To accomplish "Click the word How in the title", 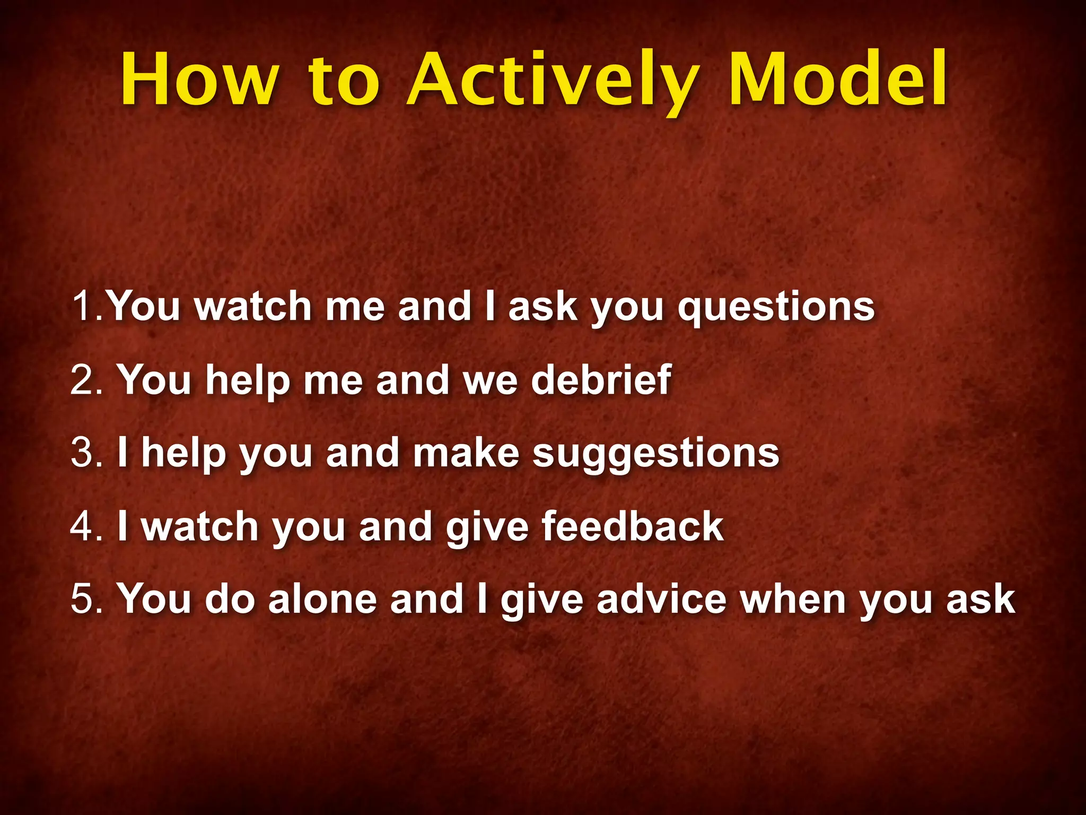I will [199, 80].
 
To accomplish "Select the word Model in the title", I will [838, 80].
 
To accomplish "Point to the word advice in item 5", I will [661, 599].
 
